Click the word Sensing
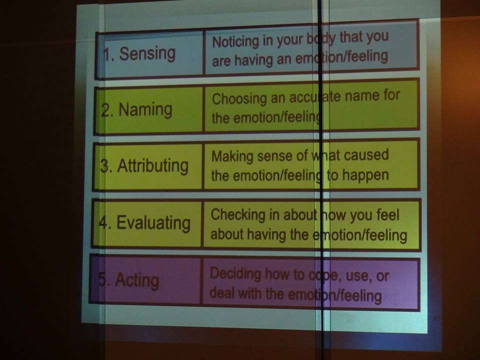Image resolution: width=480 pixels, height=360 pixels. click(x=147, y=54)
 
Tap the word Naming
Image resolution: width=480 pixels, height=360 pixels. click(x=145, y=110)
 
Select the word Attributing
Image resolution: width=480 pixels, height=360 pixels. click(x=153, y=166)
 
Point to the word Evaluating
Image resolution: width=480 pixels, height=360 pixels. click(x=153, y=223)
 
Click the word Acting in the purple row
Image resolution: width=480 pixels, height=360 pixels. click(x=137, y=280)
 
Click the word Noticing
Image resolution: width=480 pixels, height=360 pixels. click(x=235, y=42)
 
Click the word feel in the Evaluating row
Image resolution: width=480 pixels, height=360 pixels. click(x=387, y=214)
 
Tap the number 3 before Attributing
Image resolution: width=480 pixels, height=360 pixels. click(x=104, y=167)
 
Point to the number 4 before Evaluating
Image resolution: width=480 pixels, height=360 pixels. click(x=103, y=223)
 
